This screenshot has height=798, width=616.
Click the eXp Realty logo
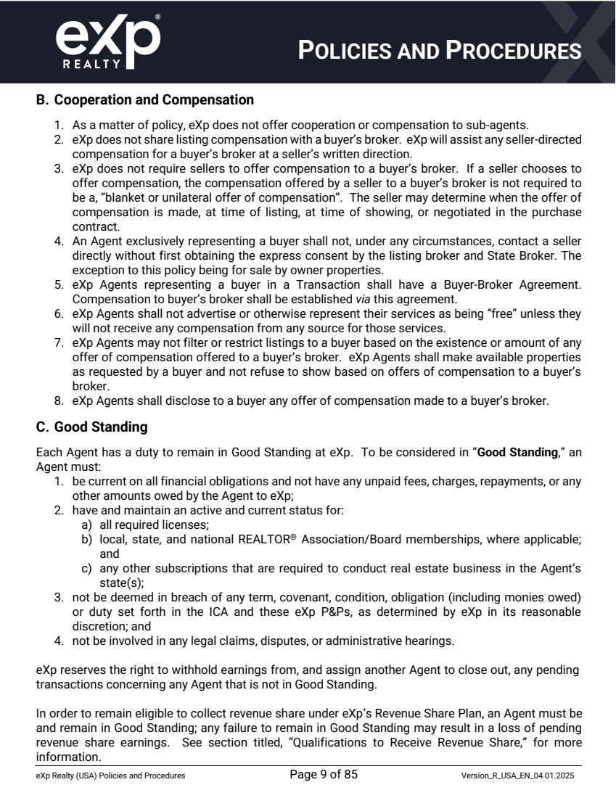pyautogui.click(x=107, y=42)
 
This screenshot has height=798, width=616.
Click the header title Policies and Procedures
pyautogui.click(x=440, y=50)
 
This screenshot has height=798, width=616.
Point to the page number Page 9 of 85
pyautogui.click(x=323, y=775)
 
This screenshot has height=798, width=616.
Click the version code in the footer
pyautogui.click(x=518, y=776)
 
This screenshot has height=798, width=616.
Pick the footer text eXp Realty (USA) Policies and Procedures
pyautogui.click(x=110, y=776)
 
